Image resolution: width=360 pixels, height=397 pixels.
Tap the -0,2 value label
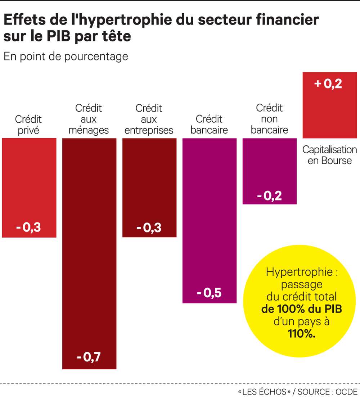click(x=269, y=197)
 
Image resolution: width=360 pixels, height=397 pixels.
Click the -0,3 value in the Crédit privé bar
click(x=29, y=227)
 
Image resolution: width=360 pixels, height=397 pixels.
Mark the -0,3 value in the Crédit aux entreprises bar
click(x=149, y=227)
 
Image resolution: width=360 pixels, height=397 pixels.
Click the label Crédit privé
click(x=28, y=125)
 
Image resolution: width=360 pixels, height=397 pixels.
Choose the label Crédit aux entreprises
click(x=149, y=119)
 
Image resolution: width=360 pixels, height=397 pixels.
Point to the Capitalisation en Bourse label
click(x=329, y=155)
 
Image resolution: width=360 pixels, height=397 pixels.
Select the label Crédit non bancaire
click(x=269, y=119)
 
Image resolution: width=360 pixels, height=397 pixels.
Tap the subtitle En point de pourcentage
click(x=66, y=57)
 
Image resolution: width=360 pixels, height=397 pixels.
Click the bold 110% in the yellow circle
click(x=302, y=333)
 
